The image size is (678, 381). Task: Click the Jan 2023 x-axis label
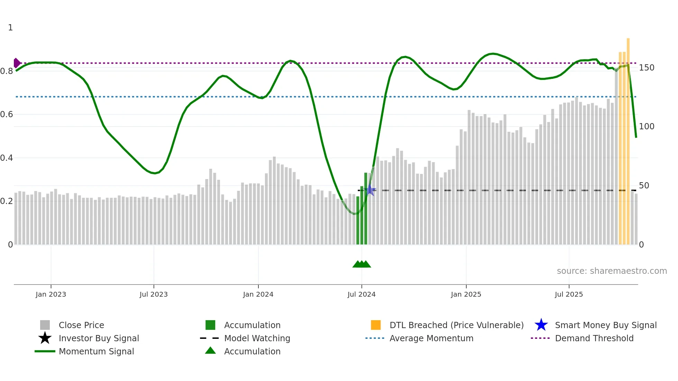(51, 294)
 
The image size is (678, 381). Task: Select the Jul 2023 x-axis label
(154, 294)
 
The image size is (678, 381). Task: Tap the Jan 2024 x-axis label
(258, 294)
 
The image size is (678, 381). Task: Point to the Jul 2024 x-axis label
(361, 294)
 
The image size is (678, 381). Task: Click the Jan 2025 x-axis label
(466, 294)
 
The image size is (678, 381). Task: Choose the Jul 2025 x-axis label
(569, 294)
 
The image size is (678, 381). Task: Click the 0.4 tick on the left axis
(7, 158)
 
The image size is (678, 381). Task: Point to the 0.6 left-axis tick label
(7, 114)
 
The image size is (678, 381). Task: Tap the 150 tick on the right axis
(647, 68)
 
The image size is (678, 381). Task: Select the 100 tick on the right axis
(647, 127)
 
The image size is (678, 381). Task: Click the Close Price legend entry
(81, 325)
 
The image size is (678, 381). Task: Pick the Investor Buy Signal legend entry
(99, 338)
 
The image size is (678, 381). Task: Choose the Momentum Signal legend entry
(96, 351)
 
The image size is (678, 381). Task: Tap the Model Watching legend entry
(257, 338)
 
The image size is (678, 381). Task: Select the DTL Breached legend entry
(456, 325)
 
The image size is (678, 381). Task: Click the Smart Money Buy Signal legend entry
(605, 325)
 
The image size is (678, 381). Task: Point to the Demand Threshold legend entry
(594, 338)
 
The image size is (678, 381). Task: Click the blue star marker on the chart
(370, 190)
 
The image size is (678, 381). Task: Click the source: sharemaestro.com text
(612, 271)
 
